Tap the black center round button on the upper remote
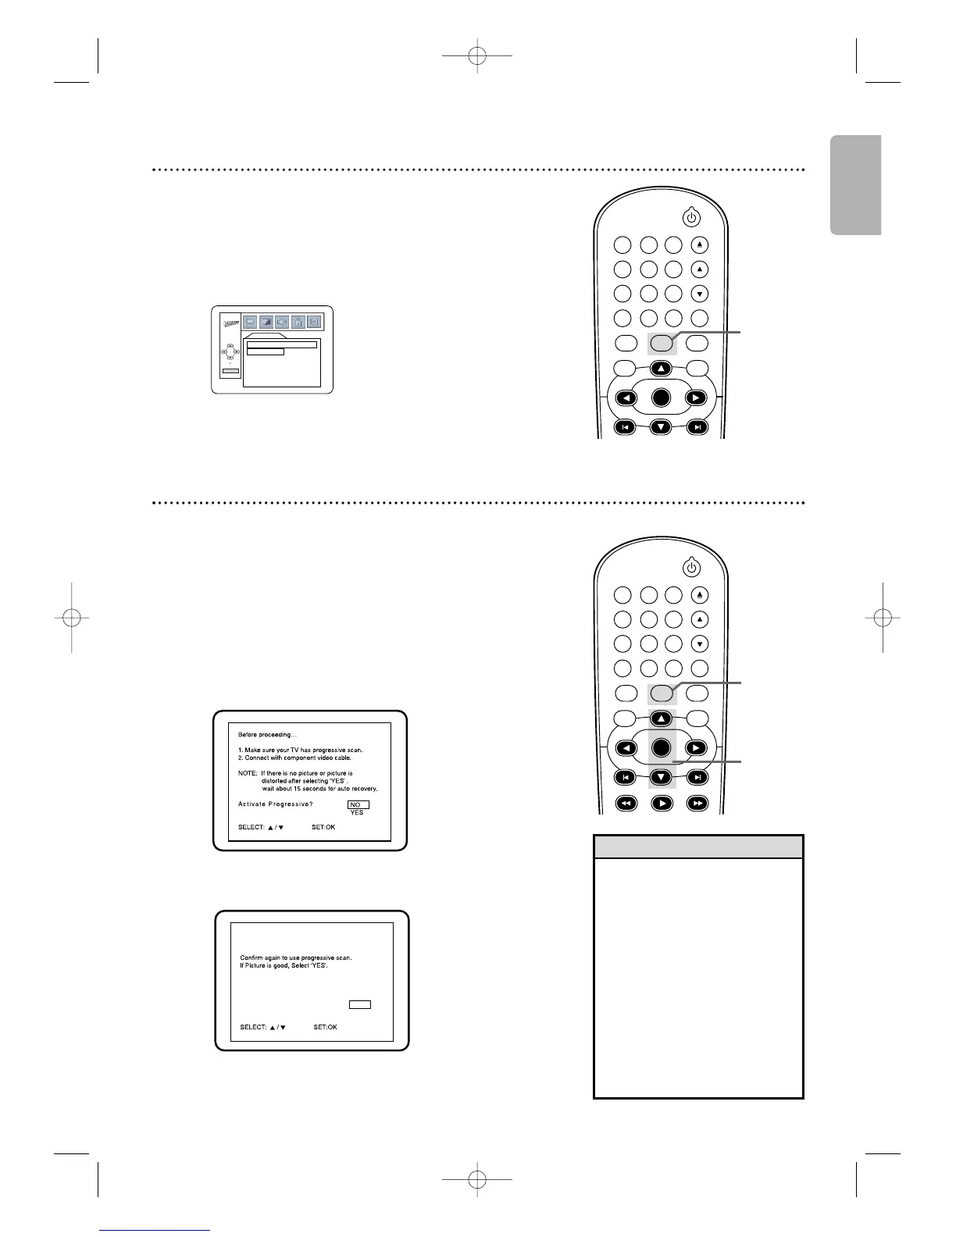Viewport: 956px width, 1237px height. pyautogui.click(x=661, y=397)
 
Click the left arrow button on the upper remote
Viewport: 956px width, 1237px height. pyautogui.click(x=626, y=397)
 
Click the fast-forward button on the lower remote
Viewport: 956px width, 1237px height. pyautogui.click(x=697, y=803)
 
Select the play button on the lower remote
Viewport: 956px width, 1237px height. pyautogui.click(x=661, y=803)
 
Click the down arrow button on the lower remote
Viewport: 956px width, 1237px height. pyautogui.click(x=661, y=777)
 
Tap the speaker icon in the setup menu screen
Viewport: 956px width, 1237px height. pyautogui.click(x=283, y=321)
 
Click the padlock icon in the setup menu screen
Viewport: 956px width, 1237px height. pyautogui.click(x=298, y=321)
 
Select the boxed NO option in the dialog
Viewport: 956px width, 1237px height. pyautogui.click(x=358, y=804)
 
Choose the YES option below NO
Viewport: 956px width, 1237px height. pyautogui.click(x=357, y=813)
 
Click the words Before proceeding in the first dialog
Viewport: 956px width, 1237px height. pyautogui.click(x=267, y=735)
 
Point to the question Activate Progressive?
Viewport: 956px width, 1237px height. pyautogui.click(x=274, y=804)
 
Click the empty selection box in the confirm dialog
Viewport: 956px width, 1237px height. pyautogui.click(x=359, y=1005)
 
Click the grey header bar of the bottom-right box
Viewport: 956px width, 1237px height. pyautogui.click(x=698, y=847)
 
